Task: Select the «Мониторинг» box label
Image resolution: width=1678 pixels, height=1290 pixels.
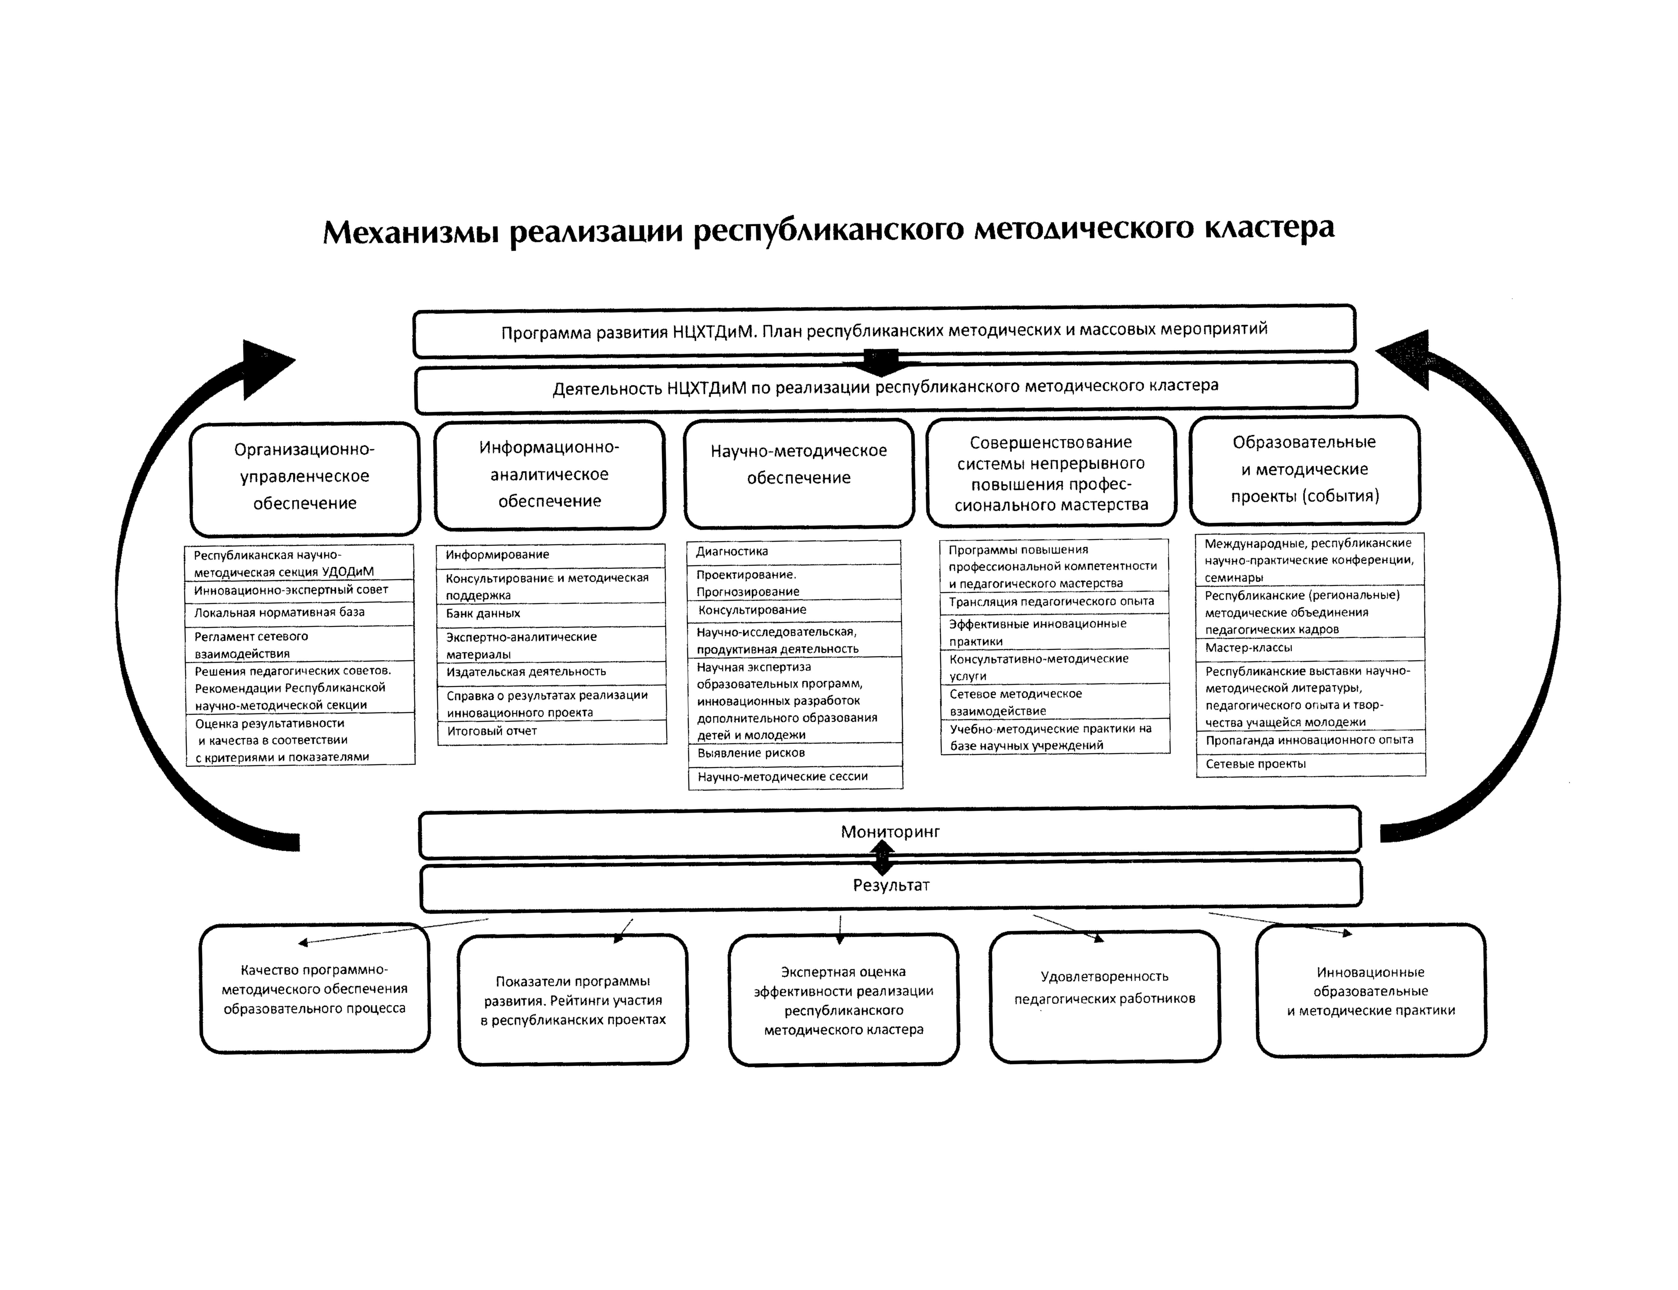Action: [x=890, y=832]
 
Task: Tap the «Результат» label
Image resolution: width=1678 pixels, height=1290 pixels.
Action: [x=891, y=885]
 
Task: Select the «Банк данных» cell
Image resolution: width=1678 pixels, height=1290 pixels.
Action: [x=551, y=614]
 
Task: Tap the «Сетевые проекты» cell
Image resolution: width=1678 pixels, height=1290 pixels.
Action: [x=1310, y=765]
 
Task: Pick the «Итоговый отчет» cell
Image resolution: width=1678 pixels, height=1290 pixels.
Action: [x=551, y=732]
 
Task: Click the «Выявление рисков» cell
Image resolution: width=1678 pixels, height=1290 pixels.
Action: [x=795, y=754]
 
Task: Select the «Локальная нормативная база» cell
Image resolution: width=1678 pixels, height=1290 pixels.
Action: [x=299, y=613]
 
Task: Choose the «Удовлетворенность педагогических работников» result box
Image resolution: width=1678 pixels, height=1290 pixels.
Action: [x=1104, y=996]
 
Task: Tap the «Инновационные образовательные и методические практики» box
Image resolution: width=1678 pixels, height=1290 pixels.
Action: [x=1371, y=991]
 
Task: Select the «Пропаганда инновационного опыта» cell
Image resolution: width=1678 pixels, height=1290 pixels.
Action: [x=1310, y=742]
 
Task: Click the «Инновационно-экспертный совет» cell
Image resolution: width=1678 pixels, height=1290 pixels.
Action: [x=299, y=591]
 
